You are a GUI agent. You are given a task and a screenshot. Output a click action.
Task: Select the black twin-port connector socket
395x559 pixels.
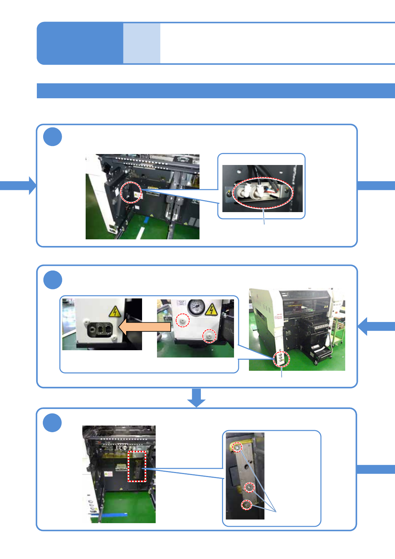coord(100,330)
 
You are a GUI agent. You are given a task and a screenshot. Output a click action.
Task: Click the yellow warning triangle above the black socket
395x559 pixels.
coord(115,312)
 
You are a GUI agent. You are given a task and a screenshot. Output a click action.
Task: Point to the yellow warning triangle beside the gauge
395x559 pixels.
coord(211,309)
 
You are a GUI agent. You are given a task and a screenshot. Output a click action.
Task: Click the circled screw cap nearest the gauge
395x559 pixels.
coord(182,320)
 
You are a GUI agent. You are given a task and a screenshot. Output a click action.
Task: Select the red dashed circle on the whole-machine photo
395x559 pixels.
coord(281,359)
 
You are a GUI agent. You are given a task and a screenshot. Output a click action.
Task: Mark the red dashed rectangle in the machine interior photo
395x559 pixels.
coord(137,466)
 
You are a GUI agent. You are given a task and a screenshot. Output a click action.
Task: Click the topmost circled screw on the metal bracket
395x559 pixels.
coord(237,447)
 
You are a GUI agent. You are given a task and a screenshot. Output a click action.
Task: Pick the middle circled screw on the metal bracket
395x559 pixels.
coord(249,487)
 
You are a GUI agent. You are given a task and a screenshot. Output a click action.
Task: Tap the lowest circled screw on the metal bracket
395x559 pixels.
coord(246,505)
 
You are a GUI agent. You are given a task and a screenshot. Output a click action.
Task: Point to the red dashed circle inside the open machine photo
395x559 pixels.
coord(131,192)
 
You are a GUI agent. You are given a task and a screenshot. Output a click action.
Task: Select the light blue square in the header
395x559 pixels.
coord(142,43)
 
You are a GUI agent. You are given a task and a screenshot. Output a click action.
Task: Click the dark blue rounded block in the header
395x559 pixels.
coord(80,43)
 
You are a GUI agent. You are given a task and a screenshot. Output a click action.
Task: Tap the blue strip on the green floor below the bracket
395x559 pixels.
coord(113,515)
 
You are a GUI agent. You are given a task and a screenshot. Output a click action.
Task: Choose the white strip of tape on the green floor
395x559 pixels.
coord(140,232)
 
